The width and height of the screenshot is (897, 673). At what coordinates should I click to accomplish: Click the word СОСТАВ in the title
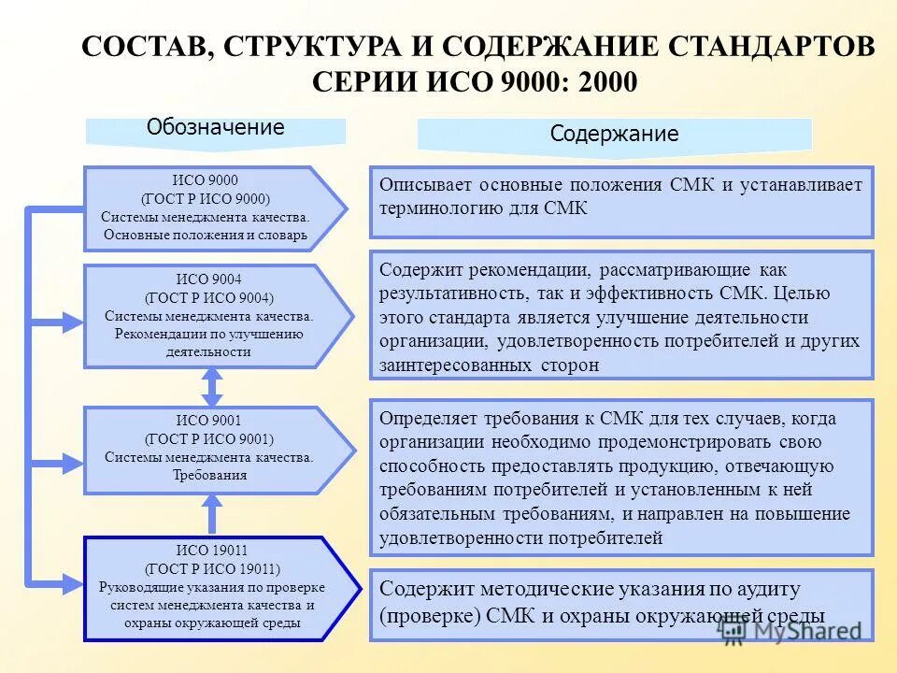[142, 47]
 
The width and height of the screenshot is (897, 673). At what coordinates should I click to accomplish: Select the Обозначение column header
[215, 129]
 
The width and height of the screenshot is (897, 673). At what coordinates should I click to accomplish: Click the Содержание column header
[614, 134]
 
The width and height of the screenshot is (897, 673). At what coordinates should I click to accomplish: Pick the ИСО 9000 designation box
[210, 208]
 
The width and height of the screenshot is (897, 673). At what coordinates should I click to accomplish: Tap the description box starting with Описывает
[620, 201]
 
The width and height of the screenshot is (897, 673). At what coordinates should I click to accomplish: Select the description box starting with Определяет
[620, 477]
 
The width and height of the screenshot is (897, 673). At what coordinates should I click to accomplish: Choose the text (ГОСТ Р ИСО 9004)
[210, 298]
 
